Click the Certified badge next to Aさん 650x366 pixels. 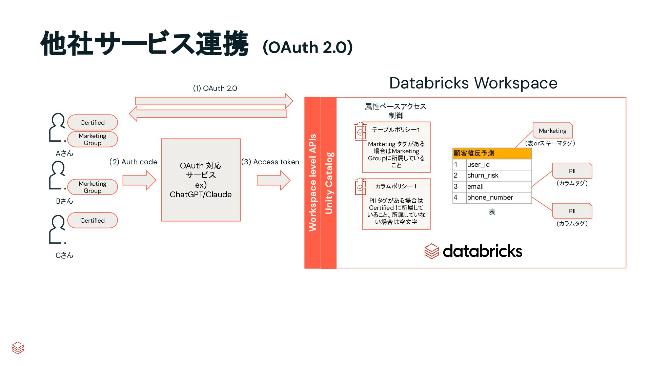point(92,122)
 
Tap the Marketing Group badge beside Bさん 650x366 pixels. point(92,187)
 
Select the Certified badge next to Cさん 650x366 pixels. point(92,220)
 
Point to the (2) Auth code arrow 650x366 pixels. point(139,180)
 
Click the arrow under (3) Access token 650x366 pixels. point(273,180)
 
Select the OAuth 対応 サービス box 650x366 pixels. point(201,180)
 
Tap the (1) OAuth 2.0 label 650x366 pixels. point(215,88)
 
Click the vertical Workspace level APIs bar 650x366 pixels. point(312,183)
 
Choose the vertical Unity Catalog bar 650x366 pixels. point(328,183)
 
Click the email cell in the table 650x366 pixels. point(498,186)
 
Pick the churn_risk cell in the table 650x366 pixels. point(498,175)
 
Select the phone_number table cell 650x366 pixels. point(498,197)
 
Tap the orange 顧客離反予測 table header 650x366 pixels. point(492,153)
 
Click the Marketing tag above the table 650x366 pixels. point(552,130)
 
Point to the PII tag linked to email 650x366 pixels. point(572,171)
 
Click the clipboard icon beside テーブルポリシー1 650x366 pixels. point(360,131)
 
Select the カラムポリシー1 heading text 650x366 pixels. point(396,186)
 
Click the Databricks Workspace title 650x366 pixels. point(473,83)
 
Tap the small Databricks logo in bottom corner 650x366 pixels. point(18,348)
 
